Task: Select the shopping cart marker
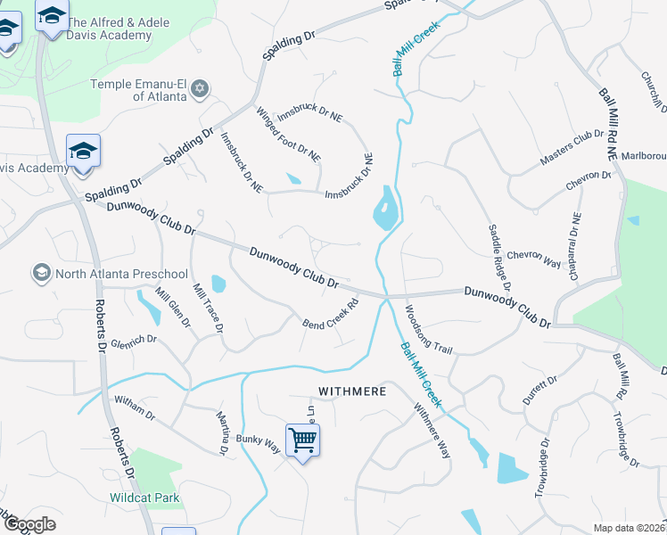(x=302, y=440)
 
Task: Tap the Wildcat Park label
(x=144, y=498)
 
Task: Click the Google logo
(x=29, y=525)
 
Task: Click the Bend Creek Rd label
(x=331, y=313)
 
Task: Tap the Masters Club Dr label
(x=572, y=147)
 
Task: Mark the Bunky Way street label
(x=259, y=443)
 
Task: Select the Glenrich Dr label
(x=134, y=341)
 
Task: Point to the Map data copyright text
(x=630, y=528)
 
